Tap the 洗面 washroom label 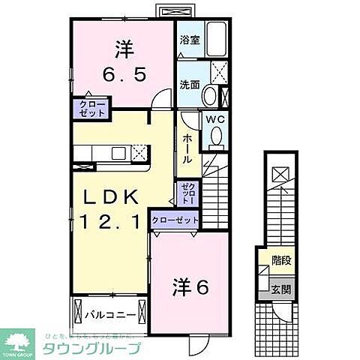[188, 85]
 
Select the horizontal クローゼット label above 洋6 [175, 220]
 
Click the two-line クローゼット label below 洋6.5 [89, 107]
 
